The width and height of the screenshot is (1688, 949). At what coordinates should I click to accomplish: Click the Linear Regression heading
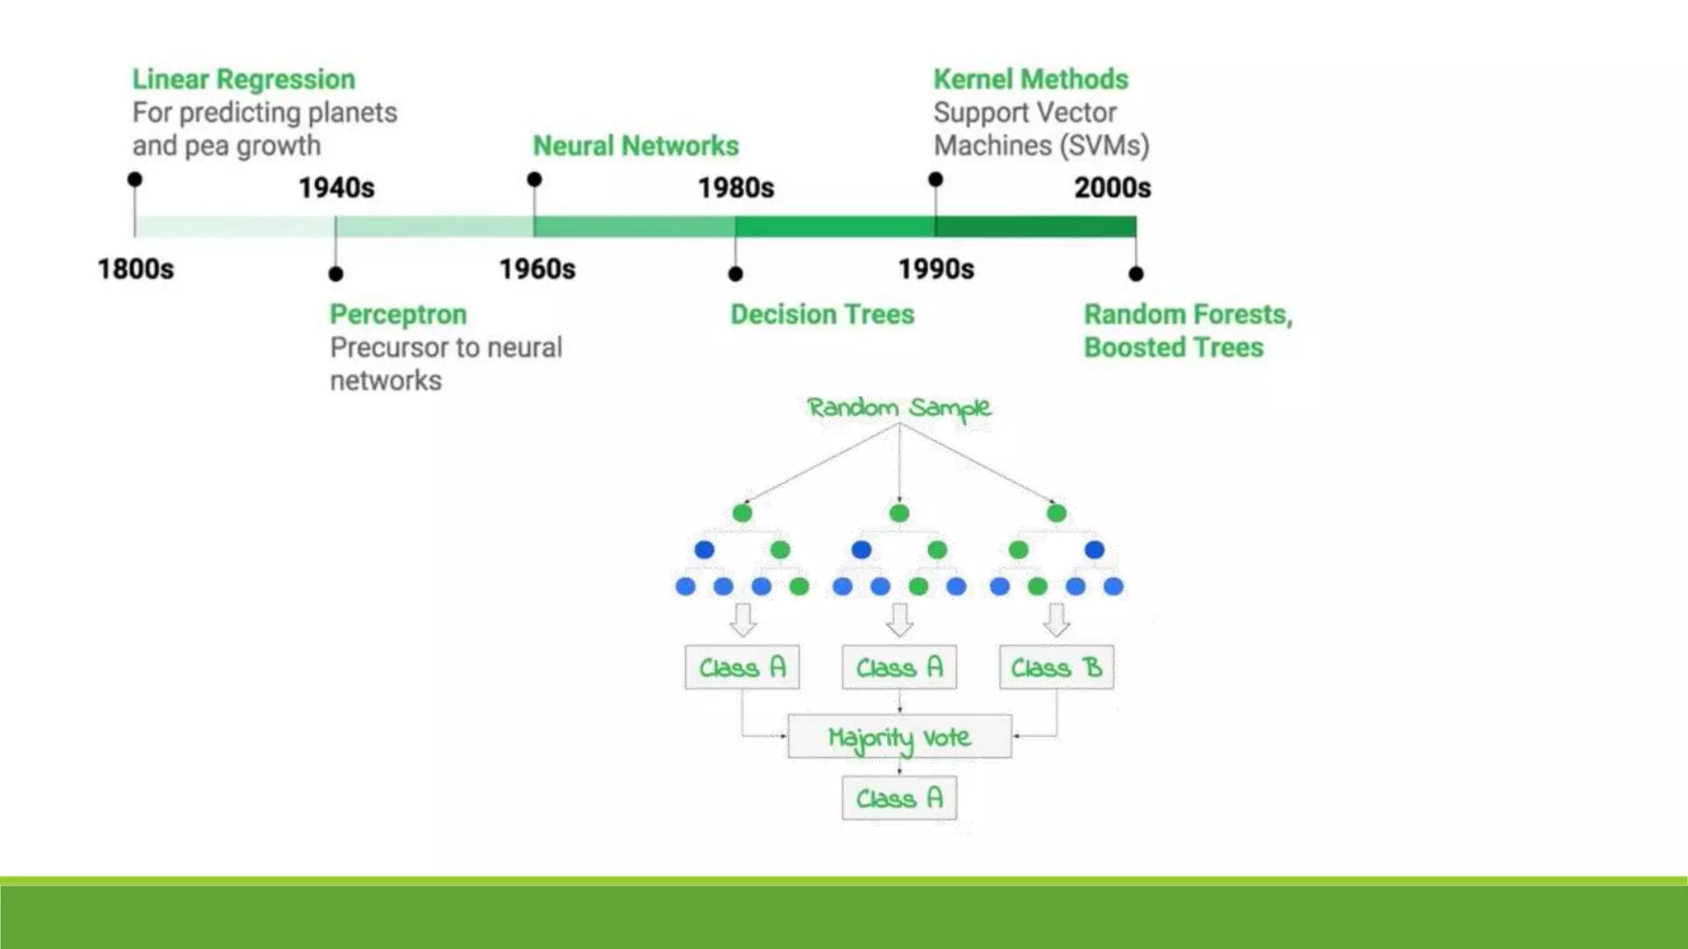pyautogui.click(x=243, y=79)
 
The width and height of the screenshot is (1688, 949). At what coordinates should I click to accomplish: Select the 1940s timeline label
pyautogui.click(x=336, y=188)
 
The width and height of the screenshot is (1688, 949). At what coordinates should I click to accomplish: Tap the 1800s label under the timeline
pyautogui.click(x=136, y=269)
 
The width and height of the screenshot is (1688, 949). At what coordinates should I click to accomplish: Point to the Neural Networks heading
pyautogui.click(x=635, y=146)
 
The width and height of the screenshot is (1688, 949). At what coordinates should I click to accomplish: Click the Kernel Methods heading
pyautogui.click(x=1030, y=79)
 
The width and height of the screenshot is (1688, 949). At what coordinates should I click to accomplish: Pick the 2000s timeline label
pyautogui.click(x=1112, y=188)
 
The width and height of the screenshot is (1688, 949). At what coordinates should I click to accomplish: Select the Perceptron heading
pyautogui.click(x=398, y=315)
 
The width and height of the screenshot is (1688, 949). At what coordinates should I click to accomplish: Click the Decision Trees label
pyautogui.click(x=822, y=315)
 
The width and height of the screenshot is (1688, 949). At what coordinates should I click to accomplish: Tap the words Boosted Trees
pyautogui.click(x=1173, y=348)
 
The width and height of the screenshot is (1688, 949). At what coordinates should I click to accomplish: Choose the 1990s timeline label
pyautogui.click(x=935, y=269)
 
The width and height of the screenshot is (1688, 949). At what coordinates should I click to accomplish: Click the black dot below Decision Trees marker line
pyautogui.click(x=735, y=273)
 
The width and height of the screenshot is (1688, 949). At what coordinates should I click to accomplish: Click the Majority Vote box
pyautogui.click(x=899, y=736)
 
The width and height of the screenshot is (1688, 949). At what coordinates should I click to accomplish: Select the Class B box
pyautogui.click(x=1056, y=667)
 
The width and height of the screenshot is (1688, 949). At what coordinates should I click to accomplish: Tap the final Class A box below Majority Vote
pyautogui.click(x=899, y=797)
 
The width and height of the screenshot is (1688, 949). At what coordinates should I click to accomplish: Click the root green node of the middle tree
pyautogui.click(x=899, y=513)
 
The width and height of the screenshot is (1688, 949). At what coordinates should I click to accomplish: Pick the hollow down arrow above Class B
pyautogui.click(x=1056, y=619)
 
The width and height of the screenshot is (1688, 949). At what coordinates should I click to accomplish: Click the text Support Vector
pyautogui.click(x=1025, y=113)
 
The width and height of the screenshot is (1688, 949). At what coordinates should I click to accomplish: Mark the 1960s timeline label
pyautogui.click(x=537, y=269)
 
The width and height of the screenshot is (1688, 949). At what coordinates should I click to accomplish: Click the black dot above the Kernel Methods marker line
pyautogui.click(x=935, y=180)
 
